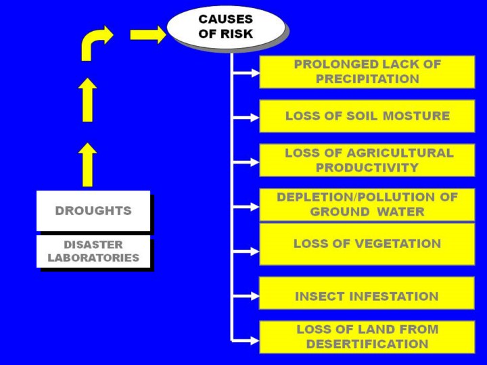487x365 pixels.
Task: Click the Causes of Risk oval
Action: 225,26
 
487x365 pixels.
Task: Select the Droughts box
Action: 93,211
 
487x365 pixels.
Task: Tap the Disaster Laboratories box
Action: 93,251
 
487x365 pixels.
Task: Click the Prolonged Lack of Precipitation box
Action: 367,72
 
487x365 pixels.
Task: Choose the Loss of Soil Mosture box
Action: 367,116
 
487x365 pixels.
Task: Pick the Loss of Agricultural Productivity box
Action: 367,160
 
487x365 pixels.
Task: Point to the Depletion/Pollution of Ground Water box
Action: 367,204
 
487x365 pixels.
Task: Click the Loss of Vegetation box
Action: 367,243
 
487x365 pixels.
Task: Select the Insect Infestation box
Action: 367,296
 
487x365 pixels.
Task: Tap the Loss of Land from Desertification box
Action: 367,337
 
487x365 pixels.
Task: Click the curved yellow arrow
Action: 95,43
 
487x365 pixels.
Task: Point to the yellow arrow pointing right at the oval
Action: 148,34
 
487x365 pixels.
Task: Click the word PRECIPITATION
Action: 367,79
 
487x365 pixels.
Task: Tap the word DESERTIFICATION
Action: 367,344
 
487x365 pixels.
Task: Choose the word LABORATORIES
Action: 93,258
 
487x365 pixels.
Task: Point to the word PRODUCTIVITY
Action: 367,168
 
